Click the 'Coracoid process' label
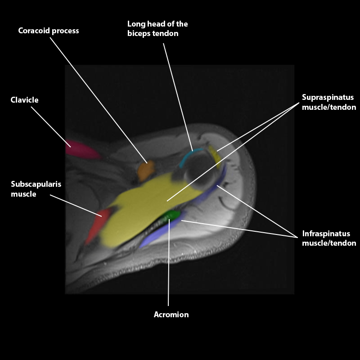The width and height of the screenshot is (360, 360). [x=48, y=31]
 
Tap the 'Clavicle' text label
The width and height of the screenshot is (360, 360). [x=24, y=100]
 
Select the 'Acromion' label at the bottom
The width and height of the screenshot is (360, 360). [x=171, y=315]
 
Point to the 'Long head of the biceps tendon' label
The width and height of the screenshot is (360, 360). [x=157, y=28]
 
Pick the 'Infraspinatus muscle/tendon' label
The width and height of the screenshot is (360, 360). [x=329, y=238]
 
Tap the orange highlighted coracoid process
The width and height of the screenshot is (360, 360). [x=146, y=170]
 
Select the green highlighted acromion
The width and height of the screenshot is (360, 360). [x=172, y=215]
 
